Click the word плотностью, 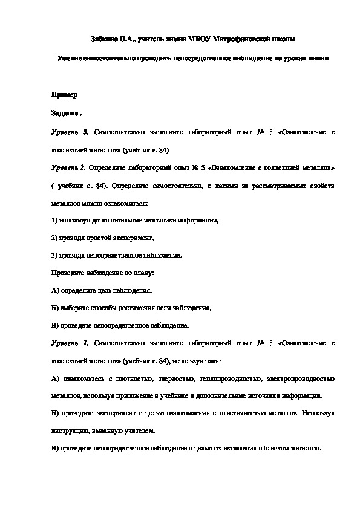pyautogui.click(x=128, y=378)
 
